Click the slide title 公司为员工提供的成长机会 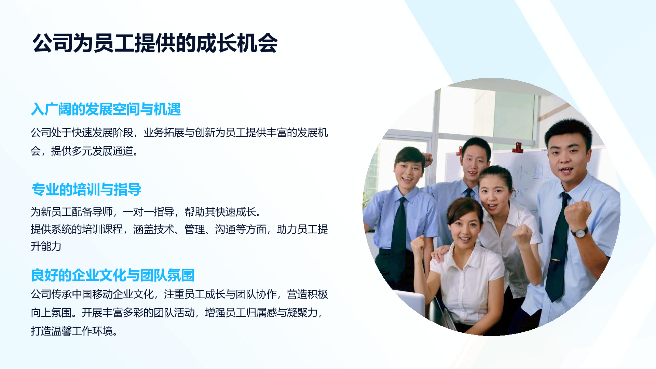pyautogui.click(x=155, y=43)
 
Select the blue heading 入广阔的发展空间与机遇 pyautogui.click(x=106, y=109)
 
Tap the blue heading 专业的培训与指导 pyautogui.click(x=86, y=189)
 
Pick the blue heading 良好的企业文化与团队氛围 pyautogui.click(x=113, y=275)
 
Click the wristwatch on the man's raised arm pyautogui.click(x=580, y=232)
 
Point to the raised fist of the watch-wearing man pyautogui.click(x=577, y=214)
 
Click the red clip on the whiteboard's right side pyautogui.click(x=518, y=147)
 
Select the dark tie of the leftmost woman pyautogui.click(x=399, y=236)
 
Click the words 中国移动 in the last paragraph pyautogui.click(x=92, y=294)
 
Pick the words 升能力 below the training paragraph pyautogui.click(x=46, y=246)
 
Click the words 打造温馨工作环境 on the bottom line pyautogui.click(x=72, y=331)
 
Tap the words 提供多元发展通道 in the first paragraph pyautogui.click(x=92, y=151)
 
